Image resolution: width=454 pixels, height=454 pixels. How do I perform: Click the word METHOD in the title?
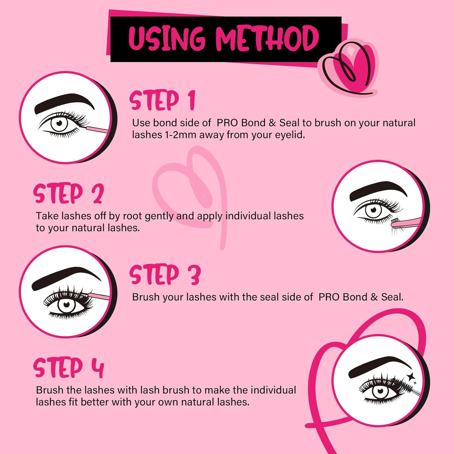click(x=267, y=38)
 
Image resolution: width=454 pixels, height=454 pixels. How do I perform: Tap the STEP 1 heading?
click(x=162, y=100)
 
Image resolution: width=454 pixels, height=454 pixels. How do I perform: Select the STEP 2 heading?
click(x=69, y=193)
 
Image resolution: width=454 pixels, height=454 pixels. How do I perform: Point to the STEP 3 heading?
click(x=165, y=275)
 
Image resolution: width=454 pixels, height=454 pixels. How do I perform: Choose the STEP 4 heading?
click(x=69, y=368)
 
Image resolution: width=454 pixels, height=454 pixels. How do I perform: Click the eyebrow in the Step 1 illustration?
click(x=64, y=102)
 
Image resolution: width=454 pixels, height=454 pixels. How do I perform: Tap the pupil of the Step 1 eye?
click(x=59, y=123)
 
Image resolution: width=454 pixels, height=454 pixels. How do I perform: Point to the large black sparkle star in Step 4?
click(x=411, y=377)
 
